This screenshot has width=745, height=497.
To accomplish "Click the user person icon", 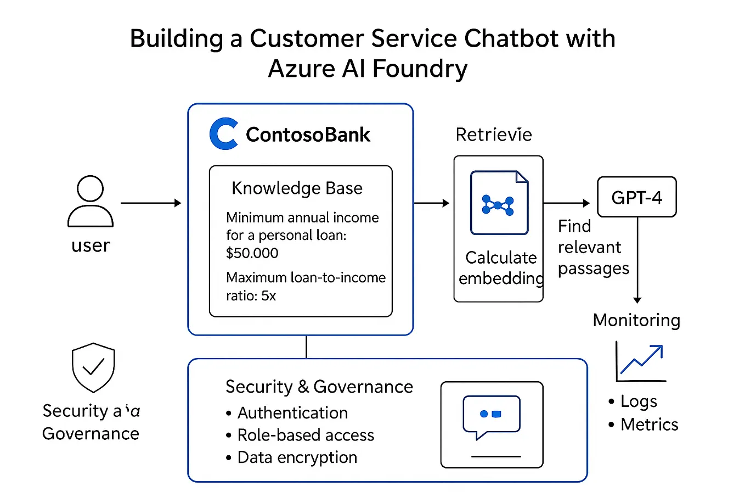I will (x=91, y=201).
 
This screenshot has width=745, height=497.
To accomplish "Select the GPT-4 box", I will (x=636, y=197).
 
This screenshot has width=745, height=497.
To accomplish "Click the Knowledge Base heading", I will (x=297, y=188).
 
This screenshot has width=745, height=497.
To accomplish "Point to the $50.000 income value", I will (x=252, y=253).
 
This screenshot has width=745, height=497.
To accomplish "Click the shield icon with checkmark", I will (x=93, y=367).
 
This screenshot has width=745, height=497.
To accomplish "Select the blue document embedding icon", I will (x=499, y=203).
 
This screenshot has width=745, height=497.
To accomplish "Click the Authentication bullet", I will (x=292, y=413).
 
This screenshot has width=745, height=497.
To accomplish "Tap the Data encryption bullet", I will (x=297, y=457).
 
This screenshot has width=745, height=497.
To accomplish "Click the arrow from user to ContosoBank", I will (x=151, y=203).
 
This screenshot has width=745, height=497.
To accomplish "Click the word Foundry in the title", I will (x=419, y=69).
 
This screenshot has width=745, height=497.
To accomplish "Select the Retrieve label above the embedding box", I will (x=493, y=135).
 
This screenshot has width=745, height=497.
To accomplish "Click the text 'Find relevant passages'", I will (x=592, y=247).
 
